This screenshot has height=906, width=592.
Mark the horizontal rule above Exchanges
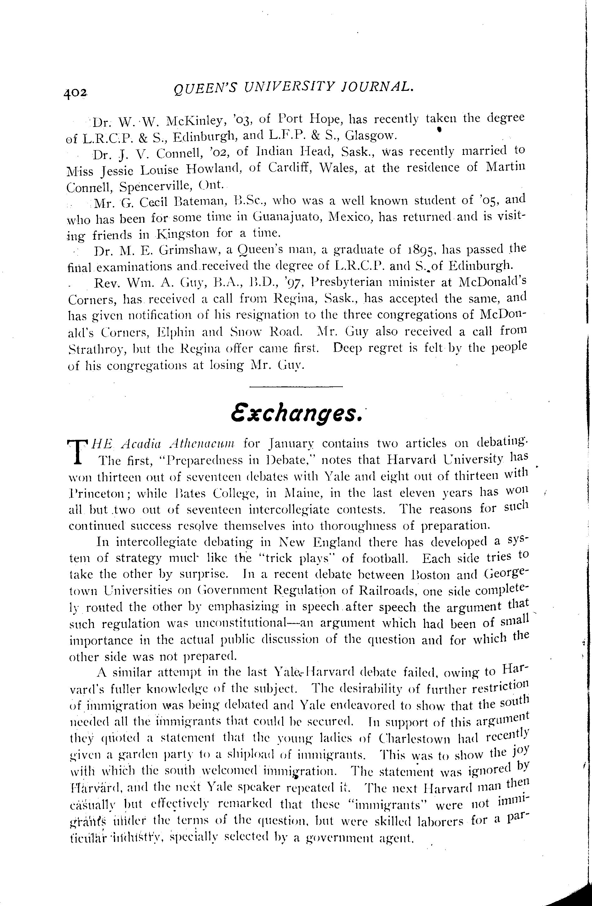click(x=296, y=387)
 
